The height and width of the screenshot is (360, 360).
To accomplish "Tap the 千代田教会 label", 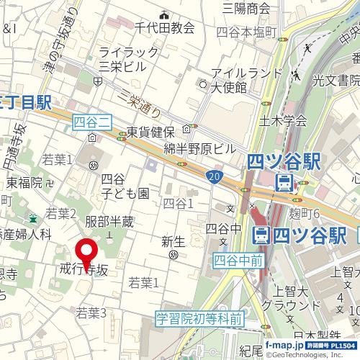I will point(165,27).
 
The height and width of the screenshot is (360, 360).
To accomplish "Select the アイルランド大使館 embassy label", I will point(229,80).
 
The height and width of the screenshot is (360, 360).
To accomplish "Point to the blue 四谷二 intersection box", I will point(91,125).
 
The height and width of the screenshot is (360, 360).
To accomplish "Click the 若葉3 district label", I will point(91,312).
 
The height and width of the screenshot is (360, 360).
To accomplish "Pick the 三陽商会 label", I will point(246,9).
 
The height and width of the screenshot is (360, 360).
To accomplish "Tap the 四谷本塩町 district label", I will point(246,32).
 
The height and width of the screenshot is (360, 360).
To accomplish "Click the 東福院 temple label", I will point(25,183).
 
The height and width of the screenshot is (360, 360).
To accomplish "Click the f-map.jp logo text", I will point(284,346).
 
